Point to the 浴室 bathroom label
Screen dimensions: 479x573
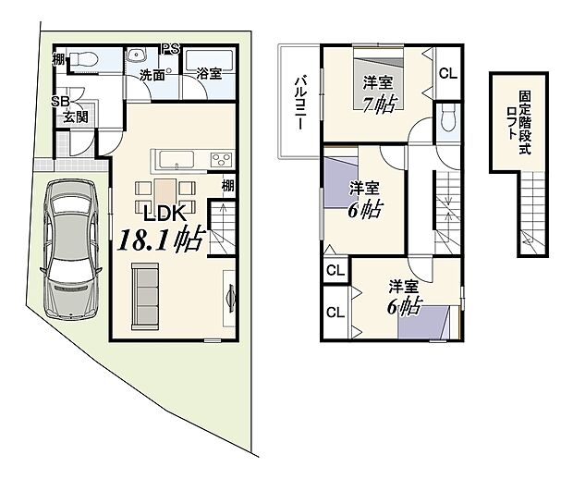[208, 74]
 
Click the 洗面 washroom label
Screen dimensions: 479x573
[152, 74]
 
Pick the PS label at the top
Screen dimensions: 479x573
[170, 49]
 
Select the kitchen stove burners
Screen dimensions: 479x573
[223, 158]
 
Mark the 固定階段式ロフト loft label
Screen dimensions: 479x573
[524, 124]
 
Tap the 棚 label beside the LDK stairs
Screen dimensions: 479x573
[226, 186]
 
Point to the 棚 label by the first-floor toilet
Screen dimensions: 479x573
[58, 60]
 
